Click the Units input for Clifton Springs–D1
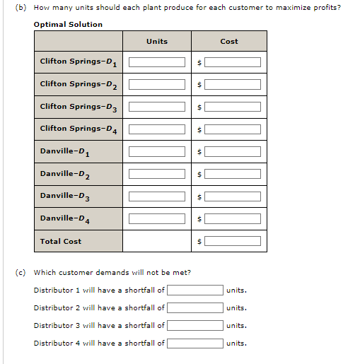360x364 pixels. point(156,62)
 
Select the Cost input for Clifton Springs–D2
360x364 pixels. point(233,85)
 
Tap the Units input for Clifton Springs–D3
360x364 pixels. point(156,107)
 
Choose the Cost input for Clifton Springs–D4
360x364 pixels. point(233,129)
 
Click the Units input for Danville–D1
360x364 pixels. point(156,152)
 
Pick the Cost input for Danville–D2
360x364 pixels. point(233,174)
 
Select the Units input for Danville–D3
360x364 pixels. point(156,196)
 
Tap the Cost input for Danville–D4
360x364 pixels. point(233,219)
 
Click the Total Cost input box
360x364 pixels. point(233,241)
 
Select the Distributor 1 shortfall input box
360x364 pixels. point(195,290)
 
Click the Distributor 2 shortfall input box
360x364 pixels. point(195,307)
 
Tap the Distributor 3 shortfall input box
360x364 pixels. point(195,325)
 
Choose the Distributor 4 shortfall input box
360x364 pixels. point(195,343)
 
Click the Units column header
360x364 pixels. point(157,41)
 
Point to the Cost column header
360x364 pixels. point(229,41)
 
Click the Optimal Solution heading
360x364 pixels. point(68,24)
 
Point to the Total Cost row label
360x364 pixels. point(61,241)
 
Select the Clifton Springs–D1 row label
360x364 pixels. point(78,62)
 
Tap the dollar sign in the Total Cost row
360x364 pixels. point(200,242)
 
